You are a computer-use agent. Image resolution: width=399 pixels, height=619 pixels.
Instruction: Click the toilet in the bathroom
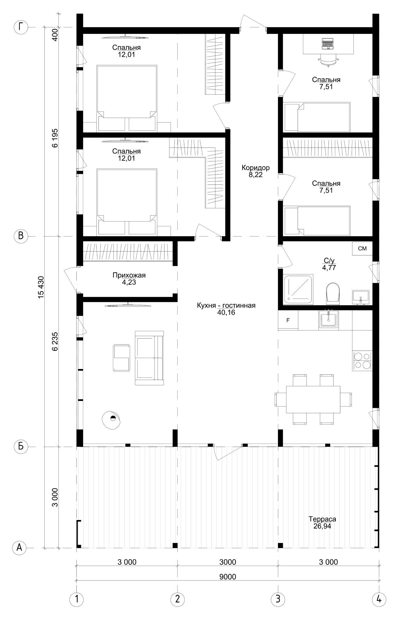(x=332, y=293)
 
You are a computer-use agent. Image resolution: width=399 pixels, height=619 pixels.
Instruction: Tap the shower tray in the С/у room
(x=298, y=289)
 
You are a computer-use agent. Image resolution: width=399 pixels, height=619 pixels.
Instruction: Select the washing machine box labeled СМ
(x=362, y=248)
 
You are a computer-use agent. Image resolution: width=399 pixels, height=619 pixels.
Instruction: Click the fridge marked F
(x=288, y=320)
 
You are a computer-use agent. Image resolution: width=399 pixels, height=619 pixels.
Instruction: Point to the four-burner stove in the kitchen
(x=362, y=361)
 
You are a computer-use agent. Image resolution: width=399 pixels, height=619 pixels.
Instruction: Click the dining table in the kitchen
(x=313, y=399)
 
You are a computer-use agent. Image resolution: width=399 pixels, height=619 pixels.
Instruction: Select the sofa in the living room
(x=149, y=358)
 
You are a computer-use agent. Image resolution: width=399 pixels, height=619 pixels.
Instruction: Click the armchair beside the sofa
(x=121, y=357)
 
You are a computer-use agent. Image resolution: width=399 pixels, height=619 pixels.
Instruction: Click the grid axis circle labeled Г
(x=21, y=27)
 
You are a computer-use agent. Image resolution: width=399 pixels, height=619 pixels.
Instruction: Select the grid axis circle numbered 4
(x=379, y=599)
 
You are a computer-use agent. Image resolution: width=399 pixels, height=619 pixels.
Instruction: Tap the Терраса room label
(x=322, y=519)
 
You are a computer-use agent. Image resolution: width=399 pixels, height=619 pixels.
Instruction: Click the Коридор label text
(x=255, y=168)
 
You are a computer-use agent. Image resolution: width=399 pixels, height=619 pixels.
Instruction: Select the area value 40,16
(x=226, y=312)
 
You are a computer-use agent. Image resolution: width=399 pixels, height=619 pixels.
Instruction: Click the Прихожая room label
(x=129, y=275)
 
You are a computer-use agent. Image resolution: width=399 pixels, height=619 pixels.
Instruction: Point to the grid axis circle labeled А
(x=19, y=548)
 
